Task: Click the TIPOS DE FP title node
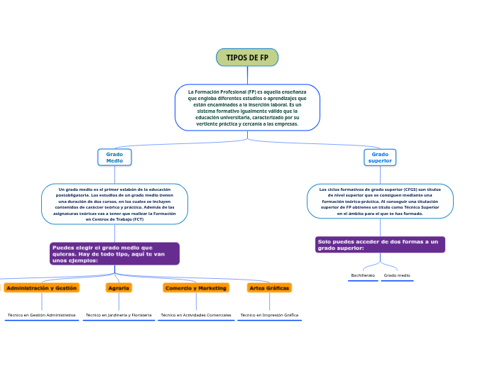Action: pyautogui.click(x=247, y=57)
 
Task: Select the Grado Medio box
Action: pyautogui.click(x=114, y=158)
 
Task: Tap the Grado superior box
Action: pyautogui.click(x=380, y=158)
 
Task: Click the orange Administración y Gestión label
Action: pyautogui.click(x=41, y=288)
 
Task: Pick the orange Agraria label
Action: pyautogui.click(x=118, y=288)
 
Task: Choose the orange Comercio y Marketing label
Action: pyautogui.click(x=196, y=288)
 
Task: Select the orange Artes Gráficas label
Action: pyautogui.click(x=269, y=288)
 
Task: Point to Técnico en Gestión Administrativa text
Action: pyautogui.click(x=41, y=314)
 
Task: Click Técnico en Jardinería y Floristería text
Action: pyautogui.click(x=118, y=314)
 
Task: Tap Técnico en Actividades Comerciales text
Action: pyautogui.click(x=196, y=314)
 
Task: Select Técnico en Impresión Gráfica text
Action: pyautogui.click(x=269, y=314)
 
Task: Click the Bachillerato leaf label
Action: pyautogui.click(x=363, y=275)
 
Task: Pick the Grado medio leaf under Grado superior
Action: pyautogui.click(x=397, y=275)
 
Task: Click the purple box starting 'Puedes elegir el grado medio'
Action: pyautogui.click(x=114, y=253)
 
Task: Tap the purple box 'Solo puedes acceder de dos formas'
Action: pyautogui.click(x=380, y=245)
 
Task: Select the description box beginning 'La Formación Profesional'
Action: pyautogui.click(x=247, y=108)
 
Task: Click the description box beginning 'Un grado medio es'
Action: pyautogui.click(x=114, y=204)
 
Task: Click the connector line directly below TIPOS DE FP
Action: pyautogui.click(x=247, y=75)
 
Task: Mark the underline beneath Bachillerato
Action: pyautogui.click(x=363, y=281)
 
